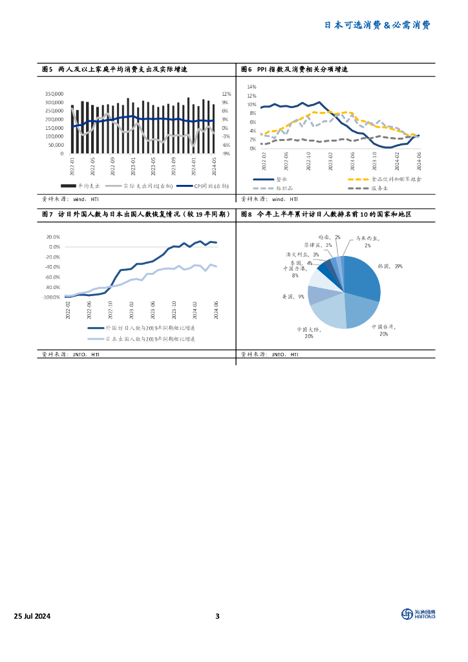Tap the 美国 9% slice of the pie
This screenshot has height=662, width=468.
pos(316,294)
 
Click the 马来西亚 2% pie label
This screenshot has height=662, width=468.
pos(367,242)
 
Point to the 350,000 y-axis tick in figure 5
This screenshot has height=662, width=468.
pos(54,94)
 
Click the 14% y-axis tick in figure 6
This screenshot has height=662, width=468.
pos(252,87)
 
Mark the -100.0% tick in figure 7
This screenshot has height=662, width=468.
pos(52,297)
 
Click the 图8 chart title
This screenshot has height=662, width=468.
pos(326,214)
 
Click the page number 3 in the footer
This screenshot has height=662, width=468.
pos(218,616)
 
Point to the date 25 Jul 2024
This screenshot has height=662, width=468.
pos(36,616)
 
